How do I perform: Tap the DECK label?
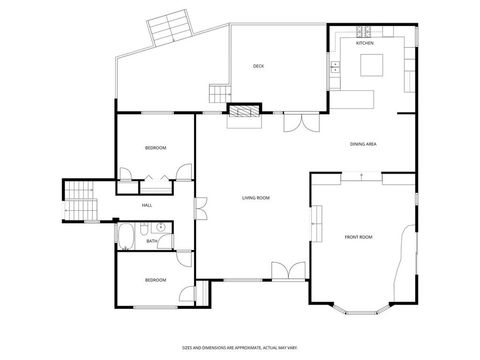(258, 67)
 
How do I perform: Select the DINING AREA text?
(363, 145)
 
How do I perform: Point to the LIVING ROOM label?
(256, 198)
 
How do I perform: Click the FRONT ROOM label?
(358, 237)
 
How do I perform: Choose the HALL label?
(147, 206)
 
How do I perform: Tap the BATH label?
(151, 241)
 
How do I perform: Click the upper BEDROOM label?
(155, 148)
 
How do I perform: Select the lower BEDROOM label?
(155, 280)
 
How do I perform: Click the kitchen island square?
(372, 66)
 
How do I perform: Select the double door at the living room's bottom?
(288, 272)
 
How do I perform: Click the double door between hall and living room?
(200, 209)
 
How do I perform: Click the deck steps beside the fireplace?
(218, 93)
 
